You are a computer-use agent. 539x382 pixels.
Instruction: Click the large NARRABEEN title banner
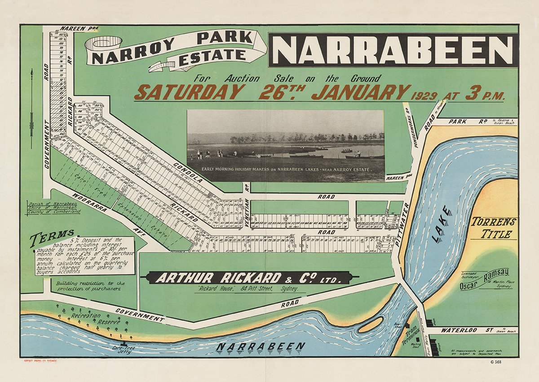coord(393,49)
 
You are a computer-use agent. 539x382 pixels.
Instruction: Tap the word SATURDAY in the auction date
coord(189,92)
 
